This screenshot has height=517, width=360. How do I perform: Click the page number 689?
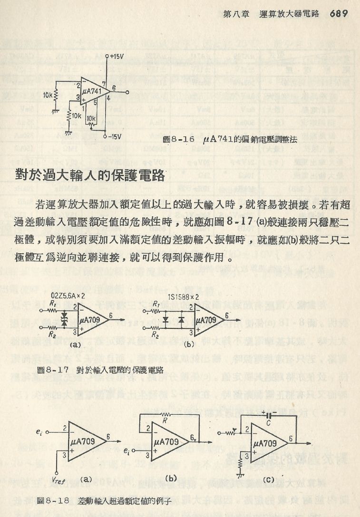[x=340, y=13]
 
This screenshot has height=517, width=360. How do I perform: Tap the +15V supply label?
[x=117, y=56]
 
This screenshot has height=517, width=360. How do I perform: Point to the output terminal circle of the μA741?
[x=127, y=91]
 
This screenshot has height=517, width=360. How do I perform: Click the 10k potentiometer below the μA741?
[x=91, y=119]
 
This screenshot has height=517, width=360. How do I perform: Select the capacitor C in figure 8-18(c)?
[x=269, y=416]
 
